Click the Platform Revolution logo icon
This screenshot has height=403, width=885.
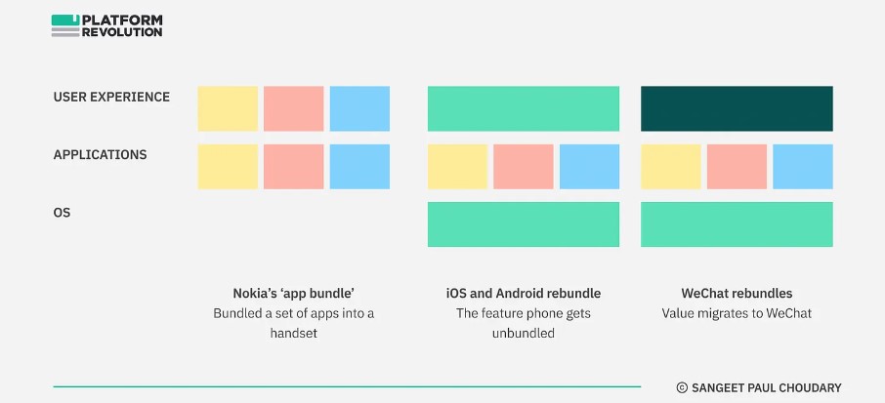pos(65,26)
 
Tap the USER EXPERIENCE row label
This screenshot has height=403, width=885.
pos(111,97)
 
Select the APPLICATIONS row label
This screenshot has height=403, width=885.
pos(100,155)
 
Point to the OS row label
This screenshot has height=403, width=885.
pos(63,213)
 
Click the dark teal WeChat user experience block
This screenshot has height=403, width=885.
pos(737,108)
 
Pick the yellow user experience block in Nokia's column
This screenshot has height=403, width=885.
pos(228,108)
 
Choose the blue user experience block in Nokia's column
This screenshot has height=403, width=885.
pos(359,108)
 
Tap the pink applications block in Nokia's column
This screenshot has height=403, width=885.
pos(293,167)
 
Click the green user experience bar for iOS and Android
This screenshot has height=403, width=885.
pos(524,108)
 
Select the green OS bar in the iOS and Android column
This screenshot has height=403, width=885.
pos(524,224)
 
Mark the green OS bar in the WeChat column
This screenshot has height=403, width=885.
pos(737,224)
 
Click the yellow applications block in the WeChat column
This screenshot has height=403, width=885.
pos(670,167)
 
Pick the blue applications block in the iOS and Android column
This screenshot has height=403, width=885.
pos(589,167)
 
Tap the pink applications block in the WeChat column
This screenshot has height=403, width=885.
pos(737,167)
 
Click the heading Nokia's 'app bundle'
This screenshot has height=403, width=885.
pos(293,294)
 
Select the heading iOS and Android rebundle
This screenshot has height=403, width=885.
pos(524,294)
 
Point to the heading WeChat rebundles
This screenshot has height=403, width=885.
pos(737,294)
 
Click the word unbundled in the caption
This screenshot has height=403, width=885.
pos(524,333)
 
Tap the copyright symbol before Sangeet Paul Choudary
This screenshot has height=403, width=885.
pos(682,387)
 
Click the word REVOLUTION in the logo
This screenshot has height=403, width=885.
pos(122,32)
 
